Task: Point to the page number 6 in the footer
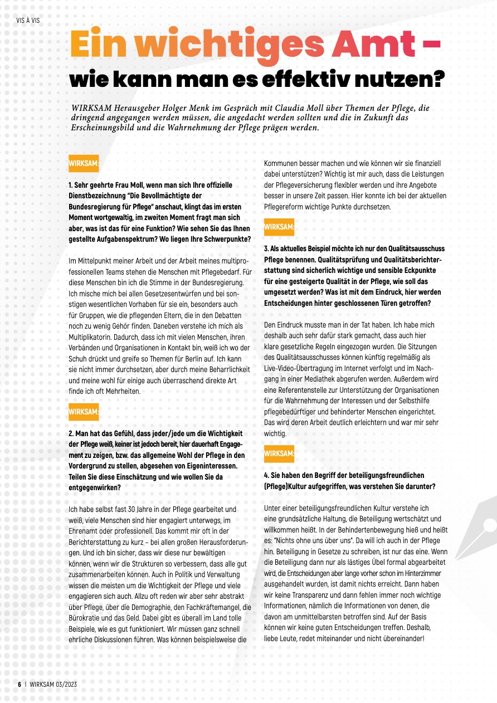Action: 19,685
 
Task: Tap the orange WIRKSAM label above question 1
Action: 83,163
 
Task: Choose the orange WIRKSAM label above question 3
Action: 279,227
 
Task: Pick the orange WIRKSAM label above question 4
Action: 279,453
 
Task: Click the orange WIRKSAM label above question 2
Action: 83,412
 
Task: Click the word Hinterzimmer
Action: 418,573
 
